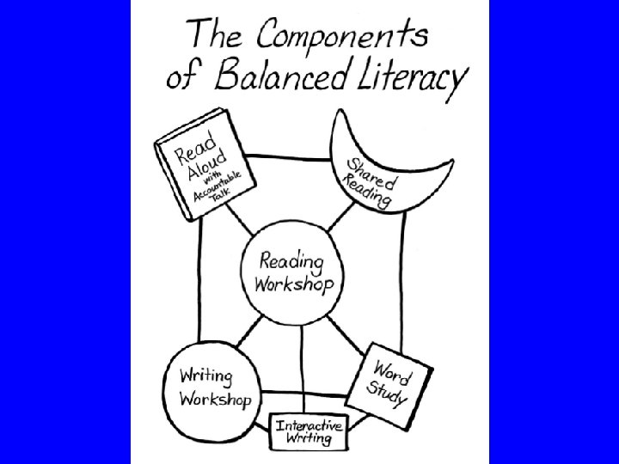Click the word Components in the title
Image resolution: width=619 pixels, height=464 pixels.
[x=341, y=36]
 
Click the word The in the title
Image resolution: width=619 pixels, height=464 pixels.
[x=221, y=36]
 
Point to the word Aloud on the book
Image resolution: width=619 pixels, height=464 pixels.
[x=207, y=162]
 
